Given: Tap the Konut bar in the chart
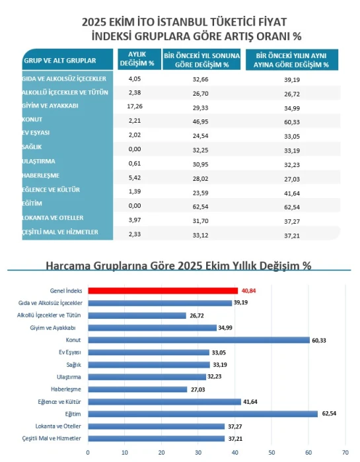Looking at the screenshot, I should [x=199, y=340].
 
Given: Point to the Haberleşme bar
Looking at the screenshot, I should [x=137, y=389].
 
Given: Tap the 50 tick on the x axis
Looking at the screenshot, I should [x=271, y=453].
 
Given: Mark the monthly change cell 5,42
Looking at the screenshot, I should [x=135, y=176].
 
